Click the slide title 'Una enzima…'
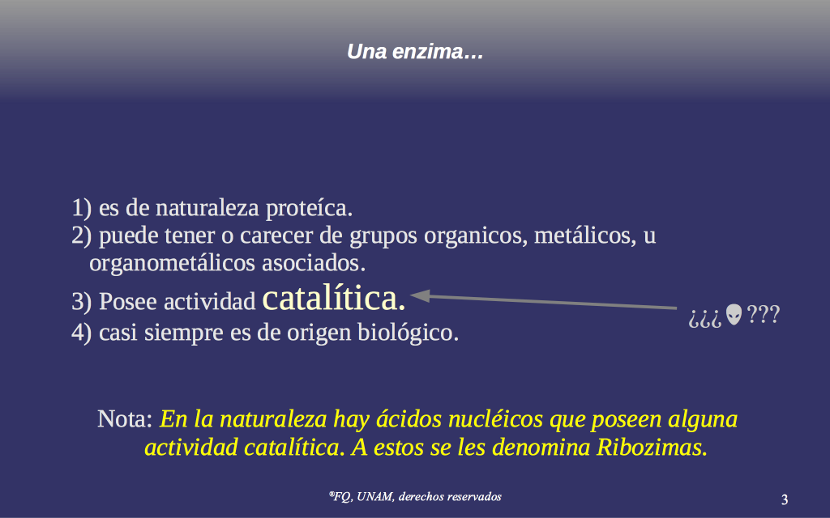pos(415,52)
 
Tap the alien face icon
pos(734,315)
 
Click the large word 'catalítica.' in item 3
pos(334,299)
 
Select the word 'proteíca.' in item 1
pos(309,208)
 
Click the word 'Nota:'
pos(125,419)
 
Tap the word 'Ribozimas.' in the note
pos(652,448)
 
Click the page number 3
pos(785,499)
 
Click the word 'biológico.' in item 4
pos(409,333)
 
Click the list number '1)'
pos(82,208)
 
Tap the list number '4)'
pos(82,333)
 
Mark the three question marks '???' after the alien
pos(763,315)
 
